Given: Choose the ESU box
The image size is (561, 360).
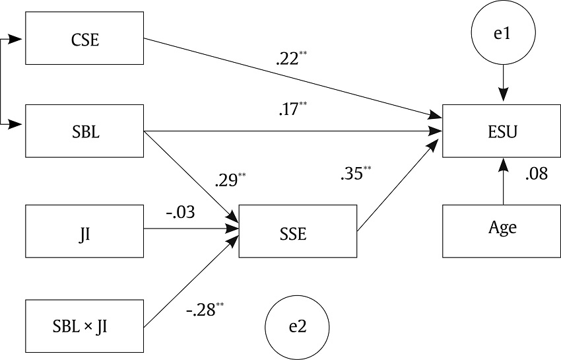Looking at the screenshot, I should coord(503,131).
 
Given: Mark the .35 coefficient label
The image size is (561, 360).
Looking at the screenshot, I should coord(352,174).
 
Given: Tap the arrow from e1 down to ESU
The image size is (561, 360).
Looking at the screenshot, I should coord(504,83).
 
